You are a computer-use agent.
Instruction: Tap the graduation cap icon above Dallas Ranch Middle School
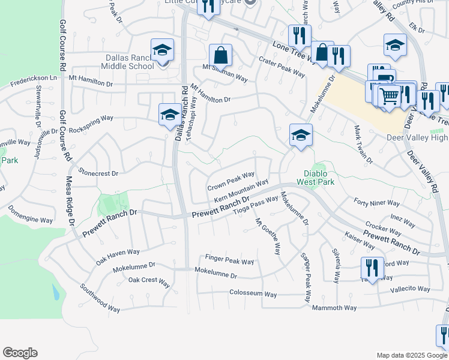click(x=162, y=50)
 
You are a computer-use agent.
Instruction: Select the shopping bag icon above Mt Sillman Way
click(x=221, y=55)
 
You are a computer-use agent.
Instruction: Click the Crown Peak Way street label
click(x=231, y=181)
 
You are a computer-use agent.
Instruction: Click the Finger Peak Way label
click(x=230, y=261)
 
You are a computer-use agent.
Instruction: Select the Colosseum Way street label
click(x=253, y=294)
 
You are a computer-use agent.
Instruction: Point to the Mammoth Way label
click(x=334, y=308)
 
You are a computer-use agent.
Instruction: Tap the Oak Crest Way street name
click(x=151, y=280)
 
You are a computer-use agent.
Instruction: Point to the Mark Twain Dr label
click(x=363, y=146)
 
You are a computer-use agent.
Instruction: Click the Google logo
click(x=20, y=353)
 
